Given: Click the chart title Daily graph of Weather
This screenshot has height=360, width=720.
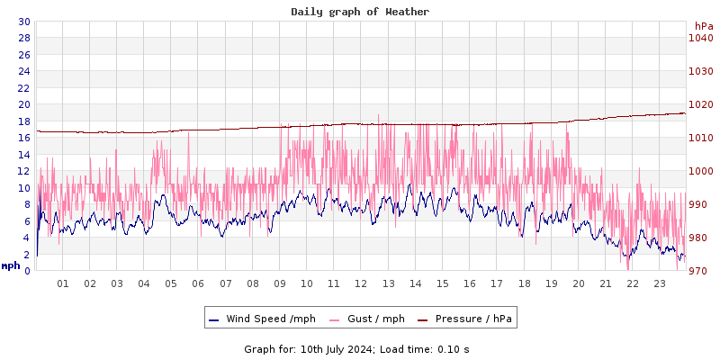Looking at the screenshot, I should (x=360, y=12).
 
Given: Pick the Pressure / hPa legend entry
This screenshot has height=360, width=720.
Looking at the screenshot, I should (x=473, y=319).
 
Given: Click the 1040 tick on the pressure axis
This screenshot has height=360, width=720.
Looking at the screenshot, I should (x=700, y=38).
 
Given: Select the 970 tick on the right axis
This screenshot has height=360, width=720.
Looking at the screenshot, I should (x=700, y=271).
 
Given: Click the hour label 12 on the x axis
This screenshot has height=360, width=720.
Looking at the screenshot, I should (x=361, y=283).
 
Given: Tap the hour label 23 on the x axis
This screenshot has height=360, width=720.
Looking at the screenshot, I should (x=660, y=283).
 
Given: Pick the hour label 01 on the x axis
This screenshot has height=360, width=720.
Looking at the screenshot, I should (x=63, y=283).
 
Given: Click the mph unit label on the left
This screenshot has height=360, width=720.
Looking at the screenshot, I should (x=11, y=265).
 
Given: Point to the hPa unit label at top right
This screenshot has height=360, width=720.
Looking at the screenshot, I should (x=704, y=26).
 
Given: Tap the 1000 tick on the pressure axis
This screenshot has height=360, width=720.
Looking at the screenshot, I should (x=700, y=171).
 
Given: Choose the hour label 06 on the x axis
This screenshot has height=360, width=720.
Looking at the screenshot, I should (x=198, y=283).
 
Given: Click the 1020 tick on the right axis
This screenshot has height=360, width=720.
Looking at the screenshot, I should (x=700, y=104).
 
